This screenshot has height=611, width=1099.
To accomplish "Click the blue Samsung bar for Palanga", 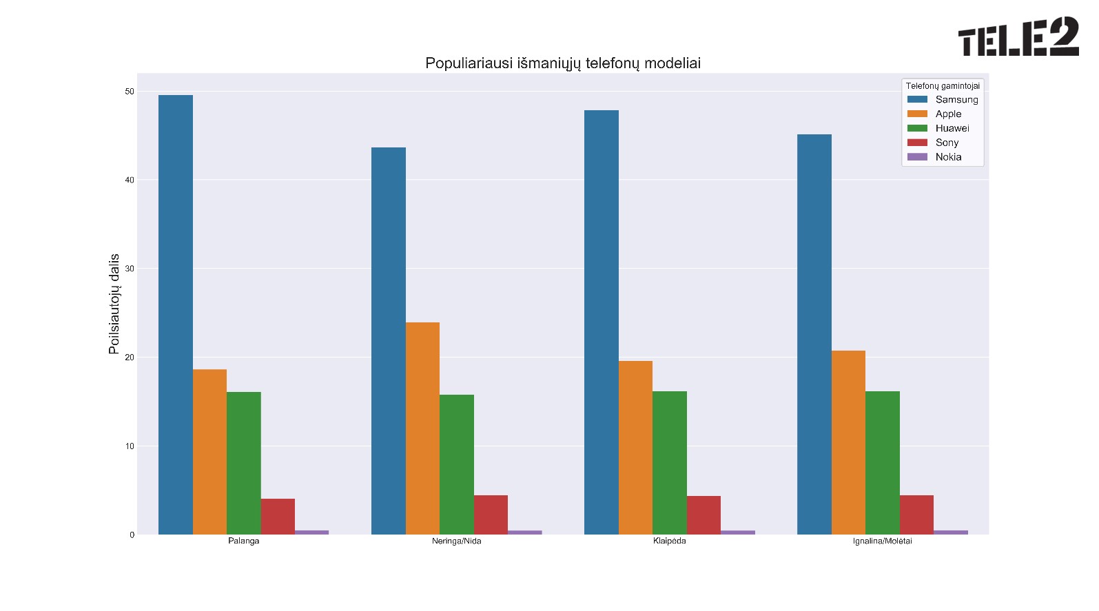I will pos(176,315).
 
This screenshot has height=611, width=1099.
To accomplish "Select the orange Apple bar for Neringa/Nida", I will pos(422,428).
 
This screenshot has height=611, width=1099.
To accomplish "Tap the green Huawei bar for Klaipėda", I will pos(670,463).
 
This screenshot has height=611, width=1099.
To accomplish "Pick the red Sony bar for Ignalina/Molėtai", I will pos(916,515).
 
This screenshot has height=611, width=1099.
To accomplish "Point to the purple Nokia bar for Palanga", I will pos(311,532).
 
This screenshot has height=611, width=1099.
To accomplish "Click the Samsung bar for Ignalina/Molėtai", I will pos(814,334).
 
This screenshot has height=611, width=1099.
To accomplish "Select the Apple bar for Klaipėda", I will pos(635,448).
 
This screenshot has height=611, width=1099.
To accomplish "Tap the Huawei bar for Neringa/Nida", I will pos(457,464).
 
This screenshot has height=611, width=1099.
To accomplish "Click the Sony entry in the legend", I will pos(947,143).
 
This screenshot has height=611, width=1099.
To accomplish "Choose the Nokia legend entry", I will pos(948,157).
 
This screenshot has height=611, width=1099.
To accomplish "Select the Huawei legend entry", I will pos(952,128).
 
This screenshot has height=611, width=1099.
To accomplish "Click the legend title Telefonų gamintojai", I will pos(943,86).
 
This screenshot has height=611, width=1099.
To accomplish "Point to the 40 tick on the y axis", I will pos(130,180).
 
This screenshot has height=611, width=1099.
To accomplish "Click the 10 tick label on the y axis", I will pos(130,446).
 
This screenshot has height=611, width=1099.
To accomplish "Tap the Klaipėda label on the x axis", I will pos(670,541).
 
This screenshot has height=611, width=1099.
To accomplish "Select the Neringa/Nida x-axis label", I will pos(457,541).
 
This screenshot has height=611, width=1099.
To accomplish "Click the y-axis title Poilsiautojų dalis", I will pos(114,304).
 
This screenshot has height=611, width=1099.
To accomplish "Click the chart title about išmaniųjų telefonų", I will pos(563,63).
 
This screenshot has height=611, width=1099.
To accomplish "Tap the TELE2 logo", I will pos(1018,37).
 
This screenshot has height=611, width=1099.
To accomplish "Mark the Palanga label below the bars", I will pos(244,541).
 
